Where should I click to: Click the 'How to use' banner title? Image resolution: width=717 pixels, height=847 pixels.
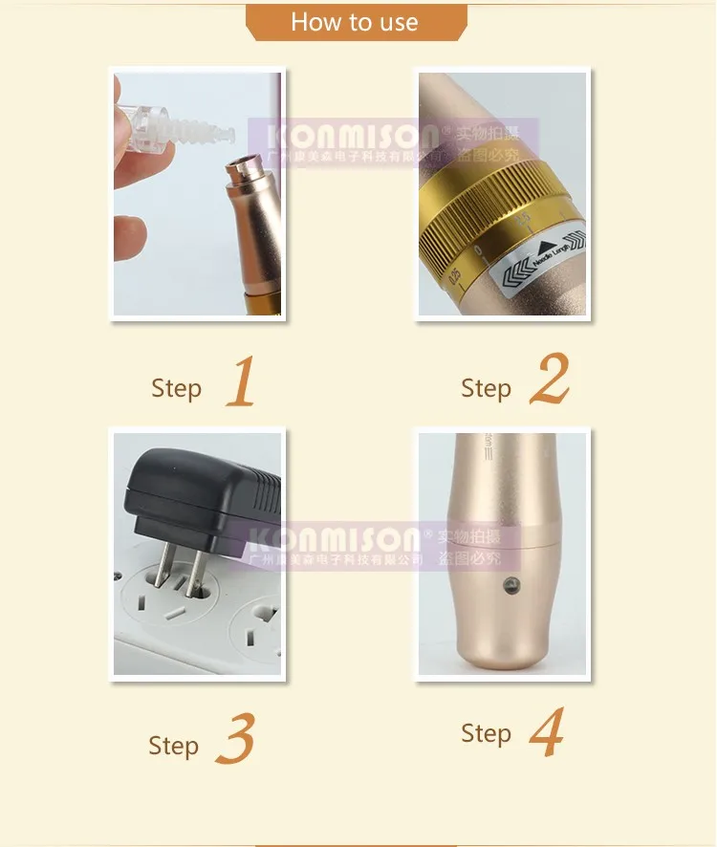355,22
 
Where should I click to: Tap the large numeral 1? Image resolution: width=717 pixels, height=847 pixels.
242,381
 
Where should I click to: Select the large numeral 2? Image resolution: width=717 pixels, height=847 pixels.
549,379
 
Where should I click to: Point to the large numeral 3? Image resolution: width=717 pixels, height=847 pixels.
235,738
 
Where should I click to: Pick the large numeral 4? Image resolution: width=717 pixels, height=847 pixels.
545,731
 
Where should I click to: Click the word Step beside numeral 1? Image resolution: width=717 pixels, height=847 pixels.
176,388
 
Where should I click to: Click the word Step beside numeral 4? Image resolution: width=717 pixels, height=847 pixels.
486,733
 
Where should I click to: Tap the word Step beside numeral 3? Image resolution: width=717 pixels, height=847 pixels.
173,746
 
